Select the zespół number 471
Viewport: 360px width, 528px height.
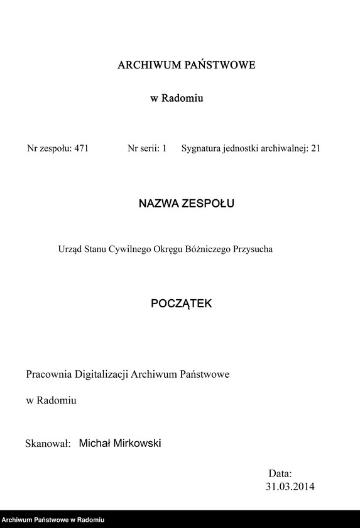tap(81, 149)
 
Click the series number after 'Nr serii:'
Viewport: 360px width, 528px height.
tap(164, 149)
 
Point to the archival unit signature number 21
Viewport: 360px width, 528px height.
tap(315, 149)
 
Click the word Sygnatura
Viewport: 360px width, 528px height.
tap(201, 149)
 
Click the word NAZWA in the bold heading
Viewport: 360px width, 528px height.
tap(158, 204)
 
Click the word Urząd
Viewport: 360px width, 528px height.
tap(70, 249)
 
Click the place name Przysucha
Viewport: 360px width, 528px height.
tap(253, 249)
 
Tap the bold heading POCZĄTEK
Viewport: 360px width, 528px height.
tap(182, 304)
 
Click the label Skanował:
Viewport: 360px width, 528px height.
tap(46, 444)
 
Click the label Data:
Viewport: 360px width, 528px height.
tap(280, 473)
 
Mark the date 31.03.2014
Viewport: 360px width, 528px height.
tap(290, 487)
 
